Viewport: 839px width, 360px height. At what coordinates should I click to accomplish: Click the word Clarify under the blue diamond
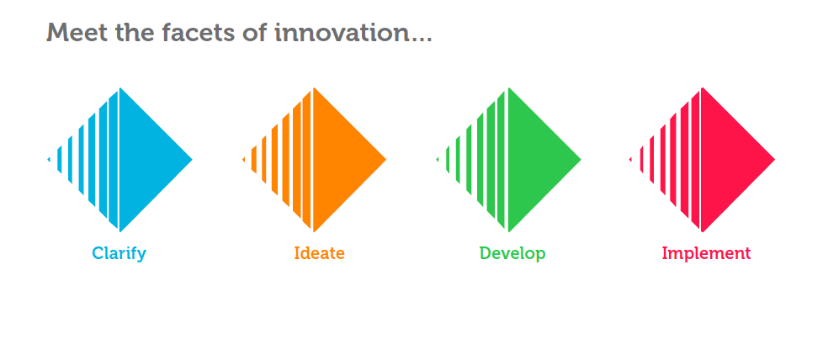pyautogui.click(x=119, y=253)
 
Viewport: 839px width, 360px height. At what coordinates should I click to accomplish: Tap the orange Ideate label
pyautogui.click(x=320, y=253)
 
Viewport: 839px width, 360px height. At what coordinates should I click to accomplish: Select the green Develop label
pyautogui.click(x=512, y=253)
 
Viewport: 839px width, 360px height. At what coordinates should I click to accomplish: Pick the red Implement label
pyautogui.click(x=706, y=253)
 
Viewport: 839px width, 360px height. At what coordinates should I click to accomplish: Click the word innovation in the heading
pyautogui.click(x=343, y=33)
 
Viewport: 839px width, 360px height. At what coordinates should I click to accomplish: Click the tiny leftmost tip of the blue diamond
pyautogui.click(x=49, y=160)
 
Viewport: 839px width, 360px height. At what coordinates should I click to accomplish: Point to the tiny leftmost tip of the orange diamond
pyautogui.click(x=243, y=160)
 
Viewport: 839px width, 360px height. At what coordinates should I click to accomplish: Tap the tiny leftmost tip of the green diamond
pyautogui.click(x=437, y=160)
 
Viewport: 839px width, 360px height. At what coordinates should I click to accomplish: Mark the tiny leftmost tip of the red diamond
pyautogui.click(x=630, y=160)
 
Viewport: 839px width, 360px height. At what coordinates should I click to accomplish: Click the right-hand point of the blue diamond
pyautogui.click(x=192, y=160)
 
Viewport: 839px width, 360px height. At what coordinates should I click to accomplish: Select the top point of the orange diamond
pyautogui.click(x=314, y=87)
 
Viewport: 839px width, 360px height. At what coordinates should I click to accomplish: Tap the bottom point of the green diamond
pyautogui.click(x=509, y=231)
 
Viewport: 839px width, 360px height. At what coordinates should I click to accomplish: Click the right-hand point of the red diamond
pyautogui.click(x=774, y=160)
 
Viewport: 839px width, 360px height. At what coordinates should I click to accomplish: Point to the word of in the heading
pyautogui.click(x=254, y=33)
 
